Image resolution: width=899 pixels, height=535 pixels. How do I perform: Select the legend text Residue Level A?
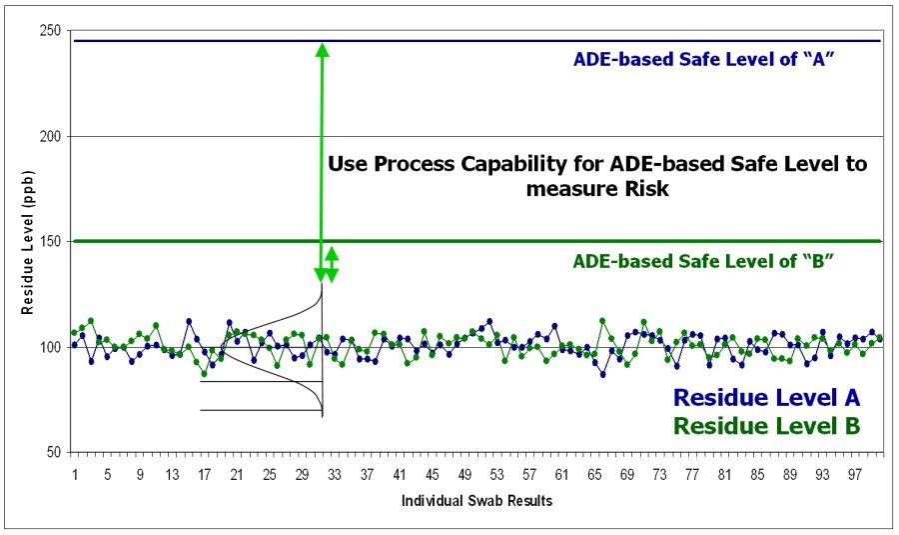pyautogui.click(x=766, y=398)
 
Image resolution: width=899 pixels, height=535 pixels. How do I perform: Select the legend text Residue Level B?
pyautogui.click(x=766, y=425)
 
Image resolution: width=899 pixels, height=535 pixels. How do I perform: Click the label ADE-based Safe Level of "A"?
pyautogui.click(x=703, y=60)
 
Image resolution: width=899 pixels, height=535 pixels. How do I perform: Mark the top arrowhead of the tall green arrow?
pyautogui.click(x=322, y=50)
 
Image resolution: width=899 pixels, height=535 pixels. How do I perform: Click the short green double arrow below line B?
pyautogui.click(x=332, y=264)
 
